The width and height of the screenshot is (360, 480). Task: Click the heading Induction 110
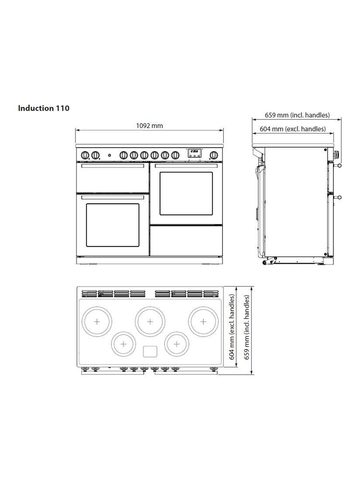point(44,108)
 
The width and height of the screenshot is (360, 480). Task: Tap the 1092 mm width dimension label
point(149,126)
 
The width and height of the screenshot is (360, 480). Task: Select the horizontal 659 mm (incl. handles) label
point(297,115)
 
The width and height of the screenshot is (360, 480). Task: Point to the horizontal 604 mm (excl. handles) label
point(293,129)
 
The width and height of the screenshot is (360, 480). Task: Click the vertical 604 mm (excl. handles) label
point(232,327)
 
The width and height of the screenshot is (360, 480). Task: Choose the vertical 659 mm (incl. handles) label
point(247,327)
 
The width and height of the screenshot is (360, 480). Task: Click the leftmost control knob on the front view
point(86,155)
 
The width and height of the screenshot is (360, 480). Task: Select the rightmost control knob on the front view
point(213,155)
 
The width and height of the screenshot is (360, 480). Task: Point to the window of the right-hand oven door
point(186,193)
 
